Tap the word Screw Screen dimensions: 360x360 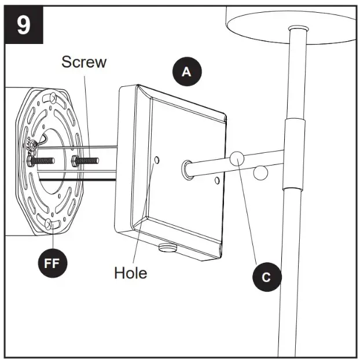click(84, 61)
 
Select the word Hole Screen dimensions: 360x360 click(130, 271)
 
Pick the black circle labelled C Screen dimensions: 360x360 click(266, 277)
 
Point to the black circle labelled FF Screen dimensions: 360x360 click(53, 263)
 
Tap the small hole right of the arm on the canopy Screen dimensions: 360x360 click(216, 181)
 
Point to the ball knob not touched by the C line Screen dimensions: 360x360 click(261, 173)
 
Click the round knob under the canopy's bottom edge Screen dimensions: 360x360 click(167, 248)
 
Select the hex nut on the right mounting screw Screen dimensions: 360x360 click(75, 159)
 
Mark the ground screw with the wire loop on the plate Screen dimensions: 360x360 click(35, 144)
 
